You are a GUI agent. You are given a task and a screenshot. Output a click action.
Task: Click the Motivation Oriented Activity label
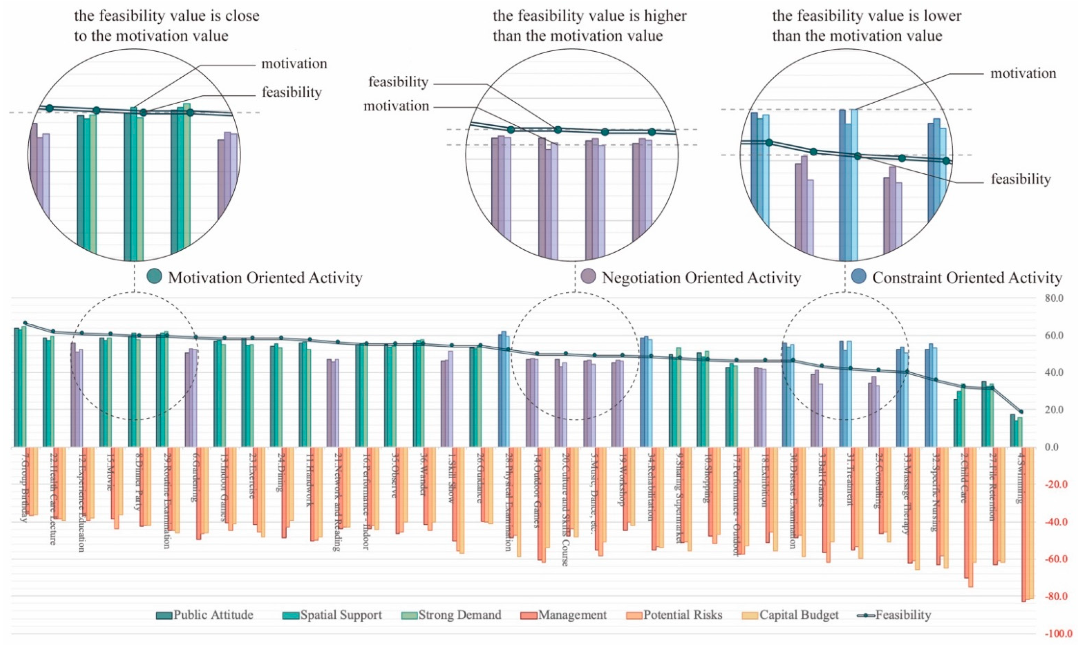pyautogui.click(x=265, y=278)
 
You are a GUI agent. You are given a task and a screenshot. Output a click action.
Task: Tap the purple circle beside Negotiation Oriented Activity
pyautogui.click(x=589, y=276)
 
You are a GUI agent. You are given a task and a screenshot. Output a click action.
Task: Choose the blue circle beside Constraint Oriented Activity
pyautogui.click(x=859, y=276)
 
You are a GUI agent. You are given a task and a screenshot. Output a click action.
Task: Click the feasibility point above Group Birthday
pyautogui.click(x=25, y=323)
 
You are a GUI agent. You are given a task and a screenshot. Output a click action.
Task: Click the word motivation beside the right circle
pyautogui.click(x=1023, y=73)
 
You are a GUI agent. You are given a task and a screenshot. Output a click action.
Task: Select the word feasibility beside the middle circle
pyautogui.click(x=398, y=82)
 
